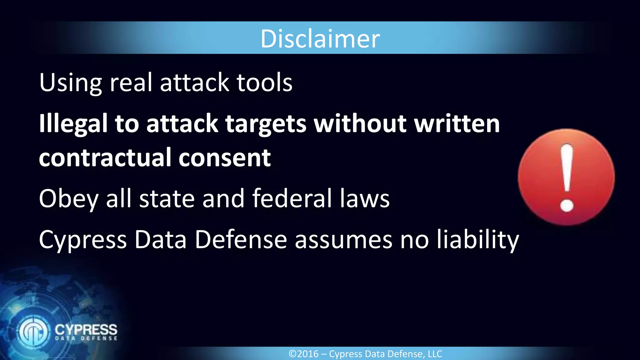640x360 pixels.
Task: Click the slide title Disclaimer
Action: [320, 39]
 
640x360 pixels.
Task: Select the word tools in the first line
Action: [264, 82]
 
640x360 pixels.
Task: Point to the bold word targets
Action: [266, 124]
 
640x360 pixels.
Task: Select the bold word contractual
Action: [104, 157]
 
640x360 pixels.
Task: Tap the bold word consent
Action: [224, 158]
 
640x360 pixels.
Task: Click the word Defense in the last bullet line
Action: [241, 240]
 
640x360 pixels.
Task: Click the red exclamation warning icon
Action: [566, 177]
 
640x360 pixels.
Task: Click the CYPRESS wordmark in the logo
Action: [86, 330]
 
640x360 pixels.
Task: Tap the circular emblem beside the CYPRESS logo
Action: [33, 332]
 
